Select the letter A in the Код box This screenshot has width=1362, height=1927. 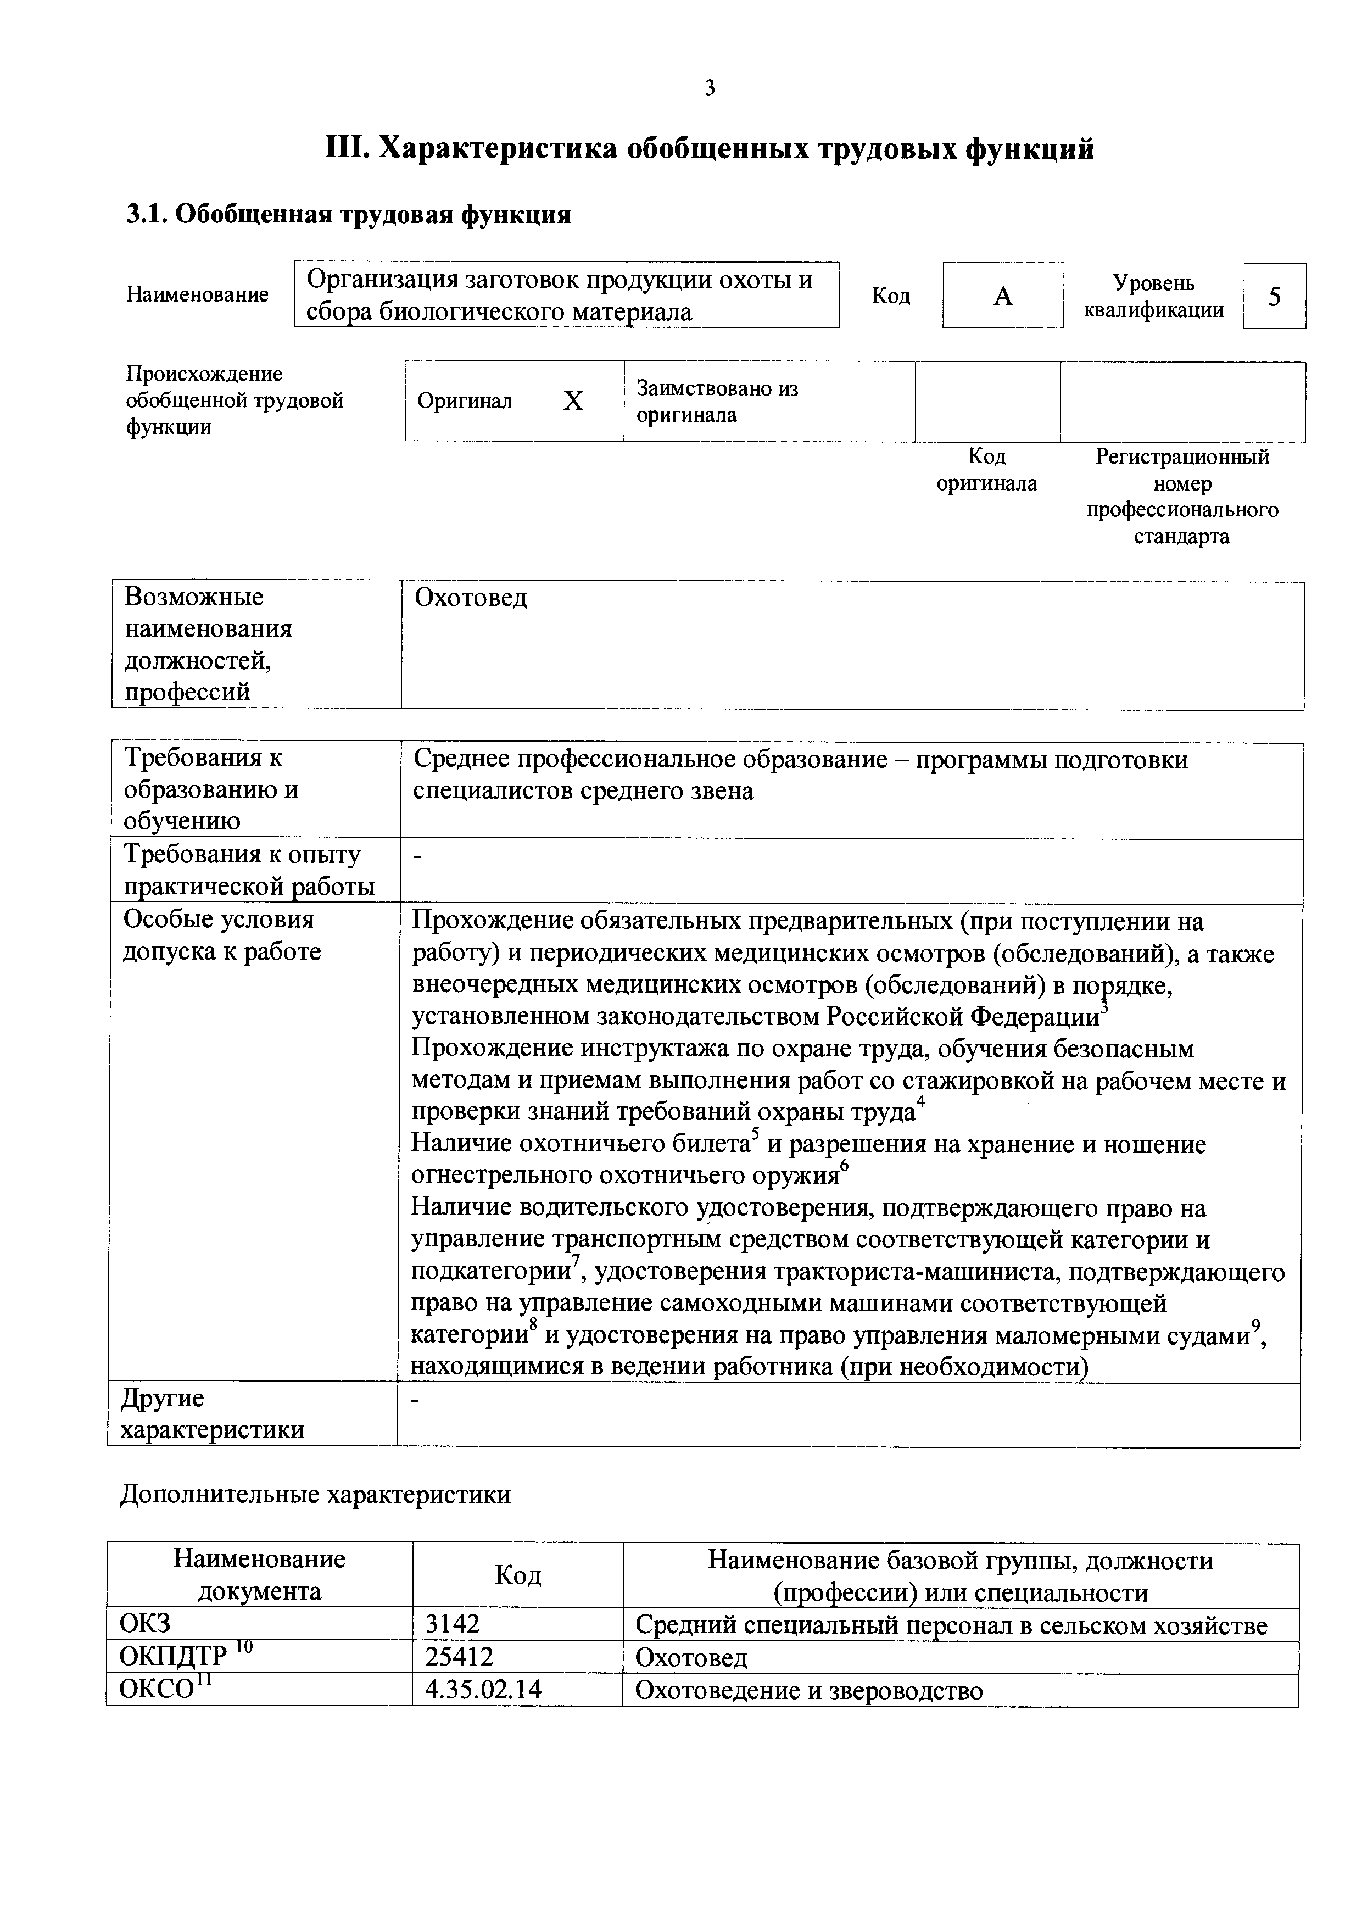pos(1003,296)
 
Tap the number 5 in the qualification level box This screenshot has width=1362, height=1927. pos(1274,296)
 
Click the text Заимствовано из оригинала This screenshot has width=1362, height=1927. pos(717,401)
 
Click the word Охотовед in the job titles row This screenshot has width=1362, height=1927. pos(471,598)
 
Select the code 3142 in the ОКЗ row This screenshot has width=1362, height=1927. pos(453,1624)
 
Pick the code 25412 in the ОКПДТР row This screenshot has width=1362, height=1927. pos(459,1656)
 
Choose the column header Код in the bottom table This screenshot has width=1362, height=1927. pos(518,1575)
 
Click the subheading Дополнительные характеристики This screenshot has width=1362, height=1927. pos(316,1495)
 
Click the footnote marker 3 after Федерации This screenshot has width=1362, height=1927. pos(1104,1007)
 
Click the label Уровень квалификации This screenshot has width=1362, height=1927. pos(1153,296)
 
